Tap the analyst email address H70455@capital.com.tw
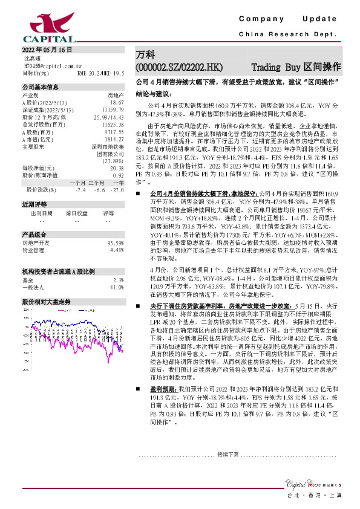50,65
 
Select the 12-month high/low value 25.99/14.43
110,116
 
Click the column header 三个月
97,182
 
